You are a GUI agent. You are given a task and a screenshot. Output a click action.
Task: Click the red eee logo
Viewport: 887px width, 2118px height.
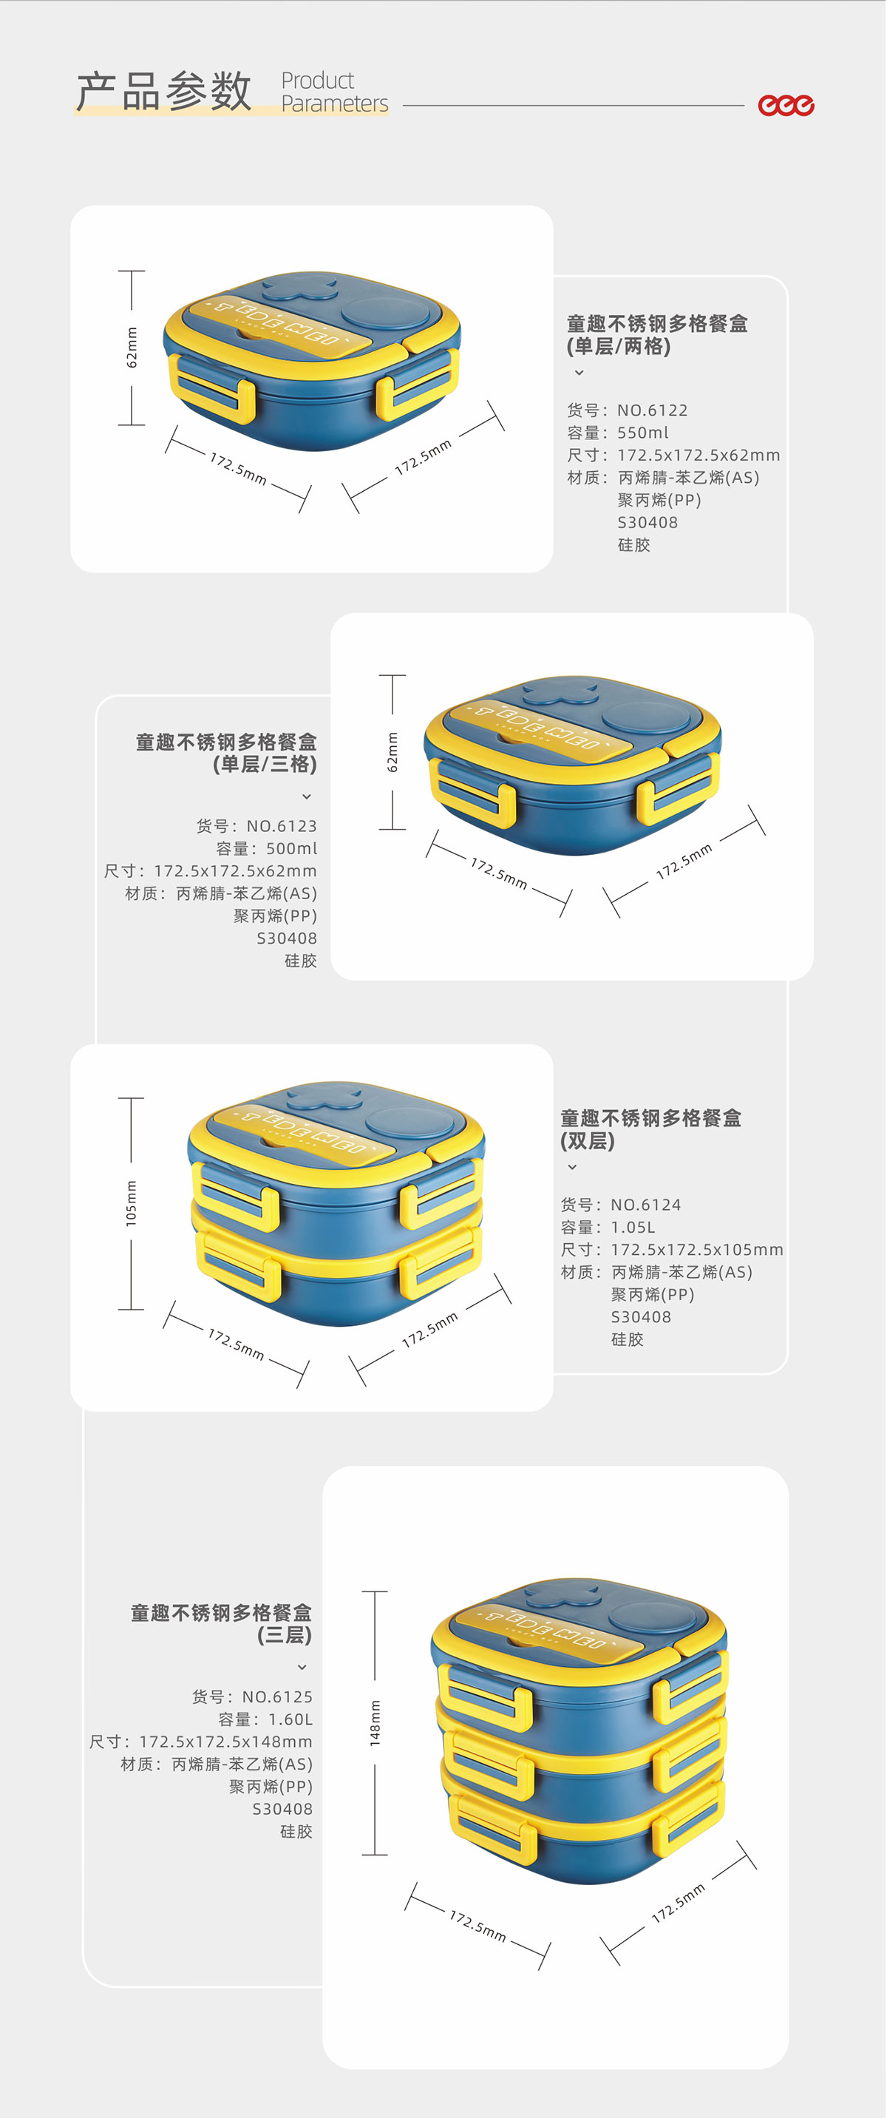click(786, 105)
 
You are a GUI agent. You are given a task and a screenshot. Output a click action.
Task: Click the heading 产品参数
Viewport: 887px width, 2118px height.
click(163, 91)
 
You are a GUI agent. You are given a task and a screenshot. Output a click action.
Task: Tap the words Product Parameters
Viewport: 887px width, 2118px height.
click(335, 92)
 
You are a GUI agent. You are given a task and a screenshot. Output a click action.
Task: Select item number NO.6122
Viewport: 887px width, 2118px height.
click(653, 410)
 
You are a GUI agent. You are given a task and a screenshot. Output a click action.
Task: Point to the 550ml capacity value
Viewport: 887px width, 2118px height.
click(643, 433)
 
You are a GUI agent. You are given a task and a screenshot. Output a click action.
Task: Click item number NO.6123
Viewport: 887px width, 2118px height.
click(282, 826)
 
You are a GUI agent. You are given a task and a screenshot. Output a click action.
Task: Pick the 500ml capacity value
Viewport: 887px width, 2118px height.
click(292, 848)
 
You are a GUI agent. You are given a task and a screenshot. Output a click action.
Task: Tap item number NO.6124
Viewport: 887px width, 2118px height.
click(646, 1205)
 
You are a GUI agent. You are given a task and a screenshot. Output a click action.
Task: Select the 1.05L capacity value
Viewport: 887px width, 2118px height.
click(633, 1228)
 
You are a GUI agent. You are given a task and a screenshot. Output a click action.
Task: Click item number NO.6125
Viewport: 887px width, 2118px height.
click(277, 1697)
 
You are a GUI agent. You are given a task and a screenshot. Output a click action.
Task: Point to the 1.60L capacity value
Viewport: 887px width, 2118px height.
click(290, 1719)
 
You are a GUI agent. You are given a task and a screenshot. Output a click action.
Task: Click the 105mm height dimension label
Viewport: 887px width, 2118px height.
click(132, 1204)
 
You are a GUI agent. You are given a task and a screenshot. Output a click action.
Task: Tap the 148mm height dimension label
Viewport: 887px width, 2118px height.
click(375, 1723)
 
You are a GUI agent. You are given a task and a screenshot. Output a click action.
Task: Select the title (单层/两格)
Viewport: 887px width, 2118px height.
click(618, 347)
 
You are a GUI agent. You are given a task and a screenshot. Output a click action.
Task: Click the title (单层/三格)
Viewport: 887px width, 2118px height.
click(265, 765)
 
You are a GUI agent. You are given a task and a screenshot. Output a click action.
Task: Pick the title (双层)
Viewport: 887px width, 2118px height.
click(588, 1141)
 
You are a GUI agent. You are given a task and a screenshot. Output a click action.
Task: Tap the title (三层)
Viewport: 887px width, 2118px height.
click(285, 1634)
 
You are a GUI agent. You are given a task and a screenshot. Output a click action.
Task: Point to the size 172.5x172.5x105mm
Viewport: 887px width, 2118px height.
click(697, 1250)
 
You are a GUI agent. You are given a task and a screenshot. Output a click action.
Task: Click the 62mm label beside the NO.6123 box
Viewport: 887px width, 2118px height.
click(392, 752)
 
